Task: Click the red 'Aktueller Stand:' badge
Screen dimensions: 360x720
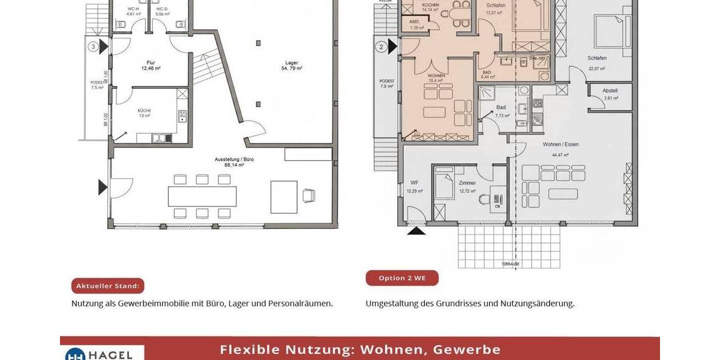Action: pyautogui.click(x=108, y=286)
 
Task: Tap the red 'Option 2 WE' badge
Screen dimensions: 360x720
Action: pyautogui.click(x=402, y=278)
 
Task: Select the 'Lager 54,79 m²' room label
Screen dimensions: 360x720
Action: pyautogui.click(x=291, y=65)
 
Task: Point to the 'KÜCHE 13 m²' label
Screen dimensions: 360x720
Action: pyautogui.click(x=144, y=113)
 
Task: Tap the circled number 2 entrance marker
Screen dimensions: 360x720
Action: pyautogui.click(x=381, y=46)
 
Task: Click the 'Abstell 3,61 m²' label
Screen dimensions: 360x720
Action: pyautogui.click(x=610, y=94)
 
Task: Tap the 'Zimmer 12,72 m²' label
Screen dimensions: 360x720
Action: pyautogui.click(x=467, y=187)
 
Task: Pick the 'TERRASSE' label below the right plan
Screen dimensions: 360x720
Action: pyautogui.click(x=511, y=264)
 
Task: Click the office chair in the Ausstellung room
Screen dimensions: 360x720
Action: pyautogui.click(x=309, y=195)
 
